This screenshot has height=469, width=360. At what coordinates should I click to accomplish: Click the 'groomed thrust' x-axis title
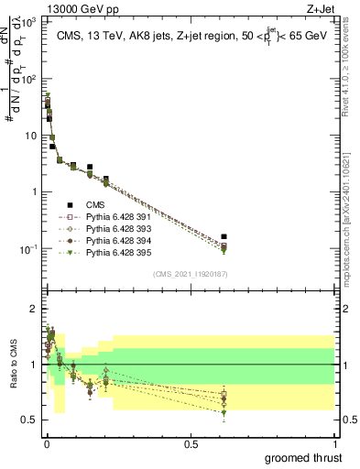click(x=303, y=457)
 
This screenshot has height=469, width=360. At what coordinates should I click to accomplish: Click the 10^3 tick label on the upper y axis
click(x=31, y=21)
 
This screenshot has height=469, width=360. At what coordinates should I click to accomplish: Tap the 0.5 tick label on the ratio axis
click(x=30, y=420)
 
